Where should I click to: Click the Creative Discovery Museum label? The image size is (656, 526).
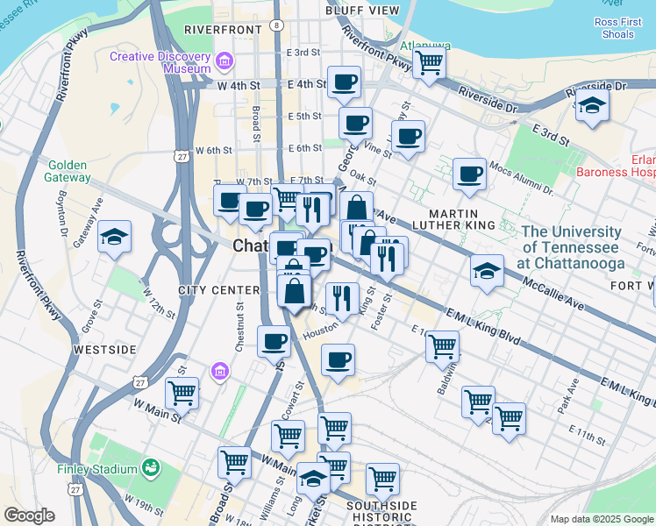pyautogui.click(x=160, y=62)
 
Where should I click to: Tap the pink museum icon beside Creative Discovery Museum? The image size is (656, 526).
pyautogui.click(x=225, y=61)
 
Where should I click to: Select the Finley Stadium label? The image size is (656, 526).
pyautogui.click(x=96, y=468)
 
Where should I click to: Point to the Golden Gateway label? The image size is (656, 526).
pyautogui.click(x=69, y=171)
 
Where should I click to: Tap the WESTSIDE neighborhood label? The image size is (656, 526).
pyautogui.click(x=104, y=350)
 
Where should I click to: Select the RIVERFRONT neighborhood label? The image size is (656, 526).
pyautogui.click(x=223, y=30)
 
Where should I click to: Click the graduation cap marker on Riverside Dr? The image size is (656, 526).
pyautogui.click(x=593, y=106)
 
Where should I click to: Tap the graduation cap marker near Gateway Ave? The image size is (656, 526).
pyautogui.click(x=114, y=237)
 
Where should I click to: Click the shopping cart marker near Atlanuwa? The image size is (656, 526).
pyautogui.click(x=429, y=61)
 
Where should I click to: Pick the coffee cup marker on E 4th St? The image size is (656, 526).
pyautogui.click(x=344, y=82)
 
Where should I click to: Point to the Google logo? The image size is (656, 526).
pyautogui.click(x=30, y=515)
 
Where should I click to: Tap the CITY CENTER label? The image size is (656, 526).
pyautogui.click(x=218, y=290)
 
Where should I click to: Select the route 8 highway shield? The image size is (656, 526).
pyautogui.click(x=277, y=25)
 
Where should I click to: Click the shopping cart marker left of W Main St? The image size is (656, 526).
pyautogui.click(x=182, y=392)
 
